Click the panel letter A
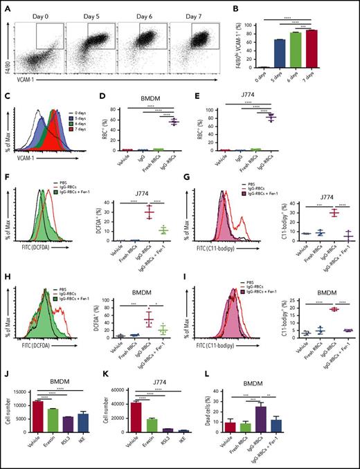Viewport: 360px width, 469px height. pyautogui.click(x=5, y=7)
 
